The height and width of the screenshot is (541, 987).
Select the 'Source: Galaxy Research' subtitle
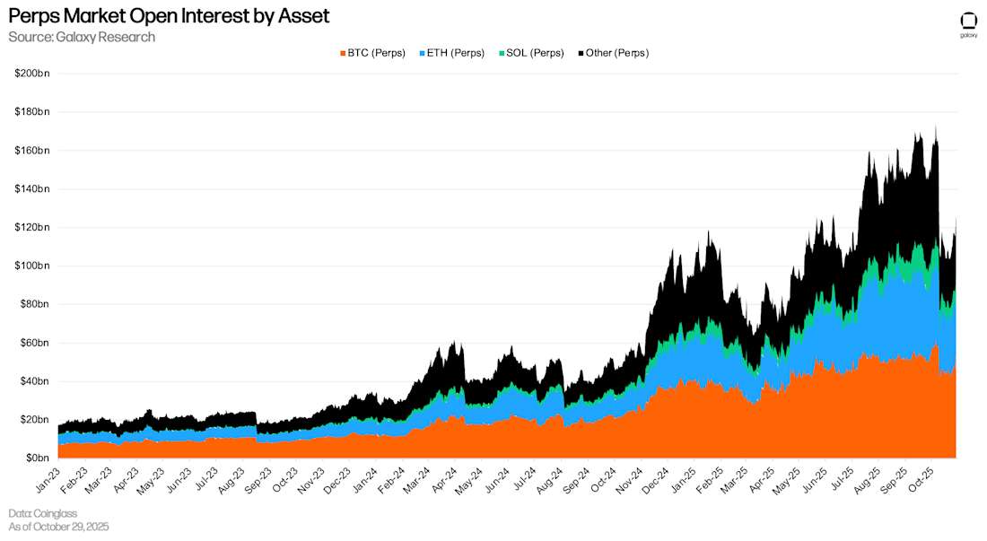click(82, 37)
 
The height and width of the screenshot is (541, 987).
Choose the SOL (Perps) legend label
click(536, 53)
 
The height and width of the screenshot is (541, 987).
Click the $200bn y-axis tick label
click(31, 73)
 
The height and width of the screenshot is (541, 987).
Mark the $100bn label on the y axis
click(31, 266)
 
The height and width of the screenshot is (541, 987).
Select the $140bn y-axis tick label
click(31, 188)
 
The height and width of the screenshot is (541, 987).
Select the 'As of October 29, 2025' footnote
click(58, 527)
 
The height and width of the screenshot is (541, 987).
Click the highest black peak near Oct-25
click(936, 127)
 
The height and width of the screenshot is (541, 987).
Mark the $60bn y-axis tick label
click(33, 343)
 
